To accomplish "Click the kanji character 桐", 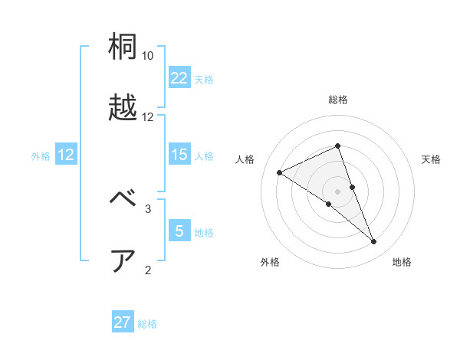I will pyautogui.click(x=123, y=47).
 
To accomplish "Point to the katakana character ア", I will pyautogui.click(x=123, y=260).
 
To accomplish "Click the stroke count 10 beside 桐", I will pyautogui.click(x=148, y=56).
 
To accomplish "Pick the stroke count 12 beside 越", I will pyautogui.click(x=148, y=117).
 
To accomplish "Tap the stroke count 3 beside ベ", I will pyautogui.click(x=148, y=208).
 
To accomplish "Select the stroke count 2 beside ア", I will pyautogui.click(x=148, y=270).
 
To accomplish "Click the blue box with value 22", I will pyautogui.click(x=179, y=78).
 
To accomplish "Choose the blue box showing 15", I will pyautogui.click(x=179, y=155).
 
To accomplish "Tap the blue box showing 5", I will pyautogui.click(x=179, y=231).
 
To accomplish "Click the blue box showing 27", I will pyautogui.click(x=123, y=322).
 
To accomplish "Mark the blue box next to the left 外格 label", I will pyautogui.click(x=66, y=155).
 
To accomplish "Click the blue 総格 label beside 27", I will pyautogui.click(x=147, y=324).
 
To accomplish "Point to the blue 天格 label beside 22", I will pyautogui.click(x=204, y=80).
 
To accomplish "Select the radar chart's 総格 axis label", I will pyautogui.click(x=337, y=100).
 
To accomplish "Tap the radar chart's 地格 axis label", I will pyautogui.click(x=402, y=262).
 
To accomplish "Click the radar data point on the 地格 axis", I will pyautogui.click(x=374, y=242).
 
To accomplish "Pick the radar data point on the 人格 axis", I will pyautogui.click(x=279, y=172).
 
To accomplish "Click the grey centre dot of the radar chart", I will pyautogui.click(x=337, y=191).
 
